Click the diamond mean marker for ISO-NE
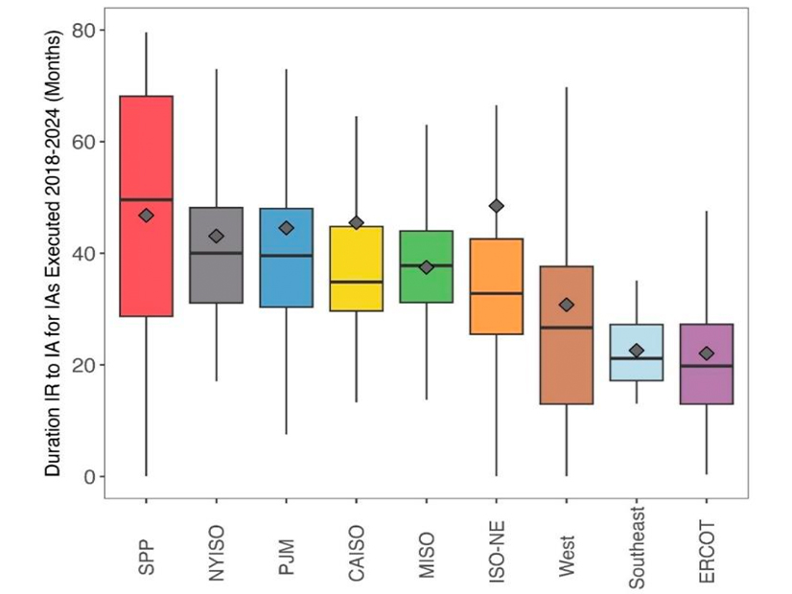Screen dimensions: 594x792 496,206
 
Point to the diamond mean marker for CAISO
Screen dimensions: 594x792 356,222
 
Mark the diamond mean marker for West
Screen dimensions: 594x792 566,305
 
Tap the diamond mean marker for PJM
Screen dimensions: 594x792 286,228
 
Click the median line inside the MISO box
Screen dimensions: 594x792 426,265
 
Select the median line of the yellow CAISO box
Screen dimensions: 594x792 356,282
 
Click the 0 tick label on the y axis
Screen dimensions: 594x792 88,476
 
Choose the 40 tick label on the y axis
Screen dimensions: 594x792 83,253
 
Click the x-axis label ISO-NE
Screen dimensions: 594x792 496,546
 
